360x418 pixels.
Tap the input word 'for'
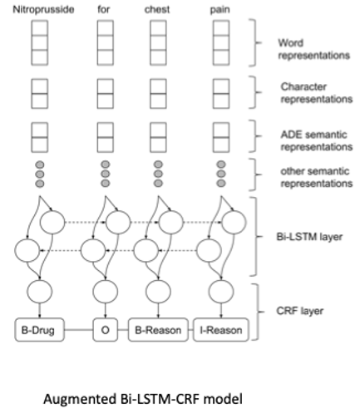click(106, 9)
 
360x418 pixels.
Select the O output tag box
click(106, 331)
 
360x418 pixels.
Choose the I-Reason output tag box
click(219, 331)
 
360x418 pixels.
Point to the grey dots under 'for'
click(106, 175)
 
